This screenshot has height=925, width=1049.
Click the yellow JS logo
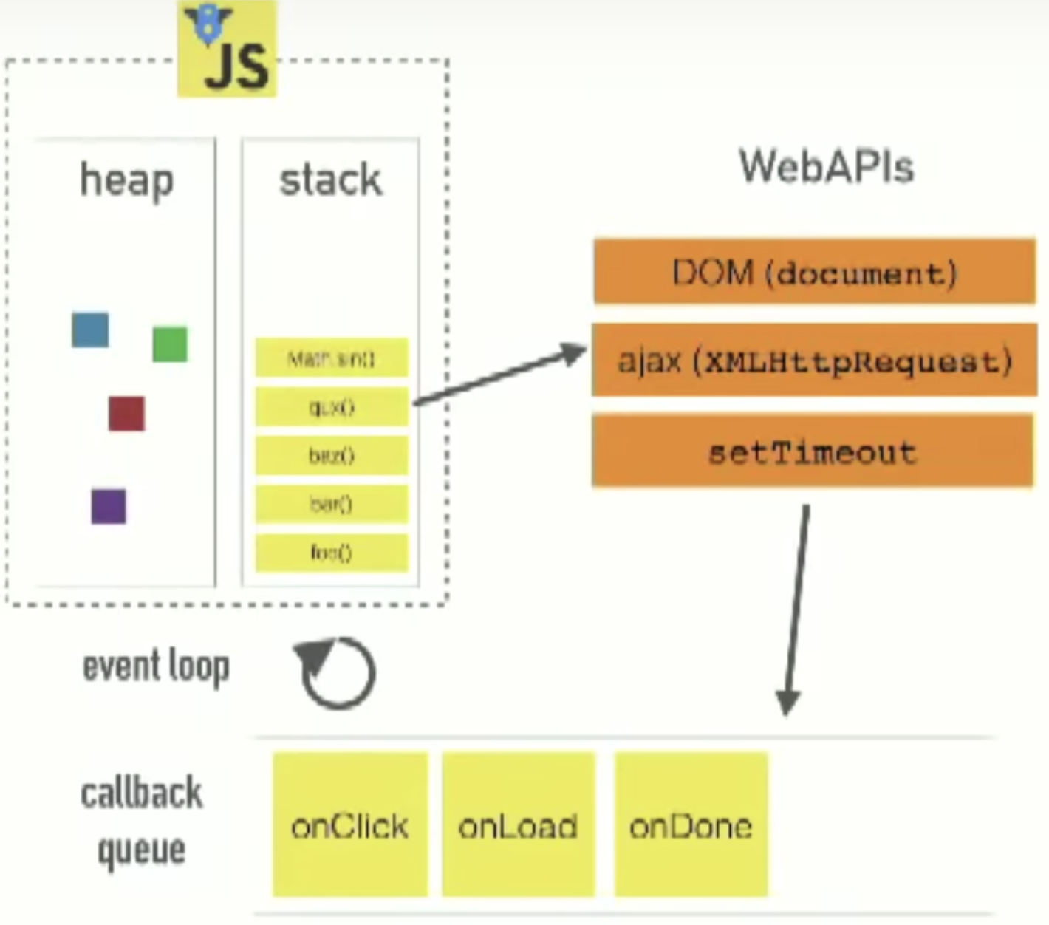tap(227, 50)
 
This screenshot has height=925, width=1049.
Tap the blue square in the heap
tap(90, 330)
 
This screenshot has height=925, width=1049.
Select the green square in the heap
tap(170, 344)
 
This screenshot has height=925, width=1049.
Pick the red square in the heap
tap(126, 413)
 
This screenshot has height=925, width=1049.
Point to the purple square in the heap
tap(109, 506)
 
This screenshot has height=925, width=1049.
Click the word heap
tap(126, 181)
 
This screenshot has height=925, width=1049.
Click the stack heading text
tap(330, 180)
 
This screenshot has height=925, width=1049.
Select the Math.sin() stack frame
tap(331, 359)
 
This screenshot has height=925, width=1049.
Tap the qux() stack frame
tap(331, 407)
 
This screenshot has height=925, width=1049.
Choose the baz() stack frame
tap(331, 455)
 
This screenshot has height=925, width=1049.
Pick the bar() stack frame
tap(331, 504)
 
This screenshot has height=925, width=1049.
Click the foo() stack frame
tap(331, 553)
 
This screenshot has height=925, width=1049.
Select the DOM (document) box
tap(814, 272)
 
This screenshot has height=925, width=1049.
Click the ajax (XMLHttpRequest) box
tap(814, 361)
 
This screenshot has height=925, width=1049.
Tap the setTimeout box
tap(813, 451)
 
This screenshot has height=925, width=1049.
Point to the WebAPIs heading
tap(826, 166)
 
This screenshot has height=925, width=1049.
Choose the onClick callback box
tap(349, 825)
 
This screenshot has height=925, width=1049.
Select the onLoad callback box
tap(518, 825)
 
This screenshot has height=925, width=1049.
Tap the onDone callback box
tap(691, 825)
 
